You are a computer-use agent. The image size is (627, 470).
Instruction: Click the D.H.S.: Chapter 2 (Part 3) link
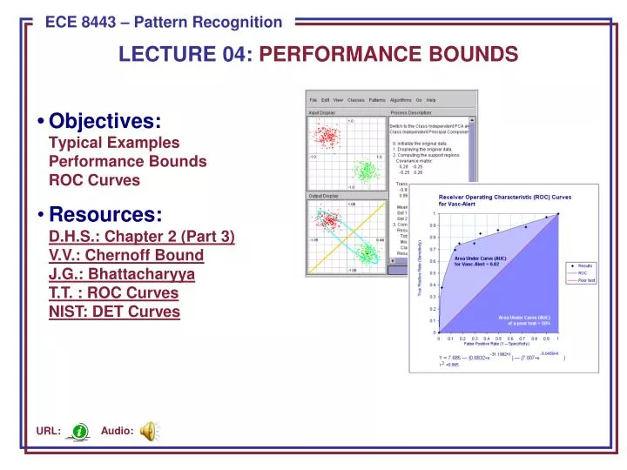pyautogui.click(x=142, y=236)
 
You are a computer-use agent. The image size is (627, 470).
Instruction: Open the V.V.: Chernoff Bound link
pyautogui.click(x=126, y=255)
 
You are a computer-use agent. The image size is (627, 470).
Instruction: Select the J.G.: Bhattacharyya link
pyautogui.click(x=122, y=274)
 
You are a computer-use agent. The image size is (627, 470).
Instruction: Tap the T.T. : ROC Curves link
pyautogui.click(x=114, y=292)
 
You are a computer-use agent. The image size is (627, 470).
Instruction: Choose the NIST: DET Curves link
pyautogui.click(x=115, y=312)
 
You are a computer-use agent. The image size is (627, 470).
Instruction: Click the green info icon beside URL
pyautogui.click(x=80, y=431)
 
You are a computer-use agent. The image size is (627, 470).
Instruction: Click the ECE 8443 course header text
pyautogui.click(x=163, y=22)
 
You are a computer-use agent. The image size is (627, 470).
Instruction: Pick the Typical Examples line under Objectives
pyautogui.click(x=114, y=143)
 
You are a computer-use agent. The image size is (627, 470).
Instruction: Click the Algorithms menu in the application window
pyautogui.click(x=401, y=100)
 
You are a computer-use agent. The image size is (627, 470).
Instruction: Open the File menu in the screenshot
pyautogui.click(x=313, y=100)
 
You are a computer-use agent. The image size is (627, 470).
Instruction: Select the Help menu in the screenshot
pyautogui.click(x=431, y=100)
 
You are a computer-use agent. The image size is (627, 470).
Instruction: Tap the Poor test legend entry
pyautogui.click(x=585, y=280)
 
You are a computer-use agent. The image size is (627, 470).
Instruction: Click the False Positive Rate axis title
pyautogui.click(x=497, y=346)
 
